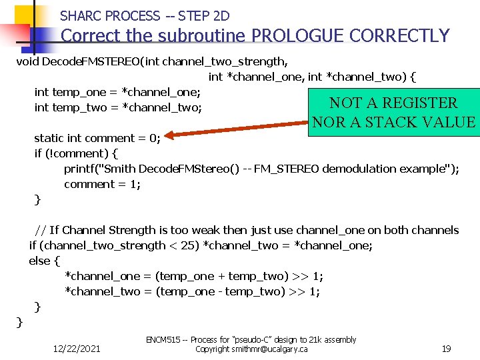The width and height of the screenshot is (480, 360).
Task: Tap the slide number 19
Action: tap(447, 348)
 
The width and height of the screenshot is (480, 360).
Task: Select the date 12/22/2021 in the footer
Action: tap(77, 349)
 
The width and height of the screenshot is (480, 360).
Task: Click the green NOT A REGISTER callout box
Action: tap(393, 112)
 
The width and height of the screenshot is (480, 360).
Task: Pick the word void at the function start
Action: tap(27, 62)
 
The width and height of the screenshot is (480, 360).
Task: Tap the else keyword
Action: tap(39, 261)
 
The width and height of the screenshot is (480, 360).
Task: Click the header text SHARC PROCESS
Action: tap(110, 15)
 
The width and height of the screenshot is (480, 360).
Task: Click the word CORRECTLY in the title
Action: tap(399, 35)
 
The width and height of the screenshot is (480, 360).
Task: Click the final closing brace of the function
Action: tap(20, 322)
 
